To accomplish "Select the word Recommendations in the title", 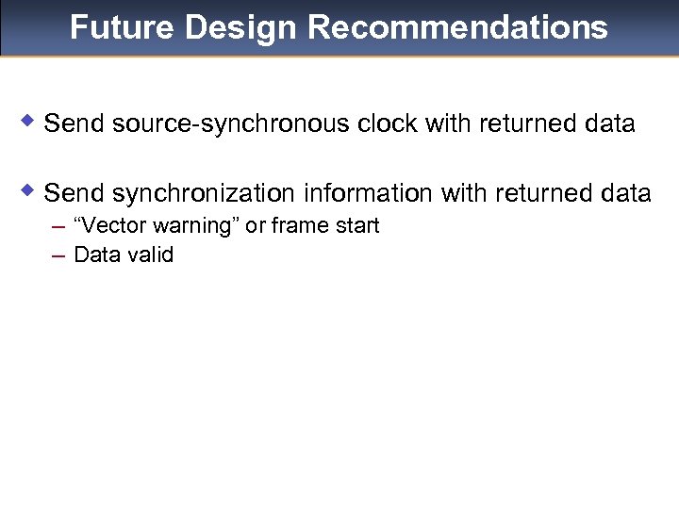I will pos(457,27).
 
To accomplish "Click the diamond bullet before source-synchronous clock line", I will pos(28,122).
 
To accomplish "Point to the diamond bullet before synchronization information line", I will pos(28,191).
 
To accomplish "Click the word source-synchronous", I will pos(232,123).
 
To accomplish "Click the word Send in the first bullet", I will pos(75,123).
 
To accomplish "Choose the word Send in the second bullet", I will pos(75,193).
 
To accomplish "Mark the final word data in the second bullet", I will pos(624,193).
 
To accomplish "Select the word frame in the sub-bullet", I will pos(299,226).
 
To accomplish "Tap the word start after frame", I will pos(356,226).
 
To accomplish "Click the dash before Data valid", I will pos(58,254).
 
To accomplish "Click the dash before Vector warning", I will pos(58,226).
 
